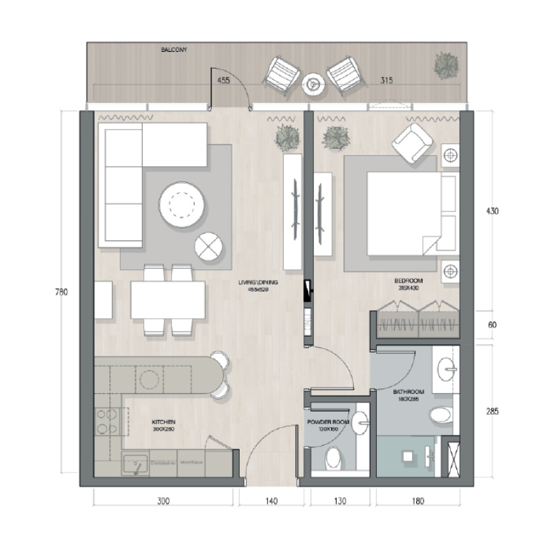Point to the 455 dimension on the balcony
[x=224, y=81]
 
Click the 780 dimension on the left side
[x=60, y=293]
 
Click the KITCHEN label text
[x=163, y=422]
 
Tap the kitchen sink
[x=134, y=463]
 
